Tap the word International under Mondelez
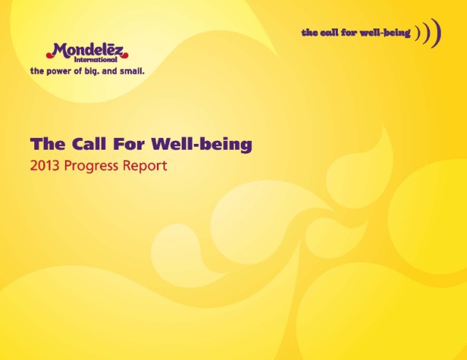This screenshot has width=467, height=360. pos(96,60)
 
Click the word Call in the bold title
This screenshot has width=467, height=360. pos(89,144)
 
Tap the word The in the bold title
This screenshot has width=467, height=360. pos(47,144)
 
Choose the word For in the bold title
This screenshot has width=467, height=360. pos(129,144)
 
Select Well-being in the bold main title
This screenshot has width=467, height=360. pos(201,145)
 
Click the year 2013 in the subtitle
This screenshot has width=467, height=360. pos(45,166)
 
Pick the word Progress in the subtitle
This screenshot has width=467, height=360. pos(91,166)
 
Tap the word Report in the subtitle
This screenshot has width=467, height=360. pos(144,166)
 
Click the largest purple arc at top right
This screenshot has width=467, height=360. pos(437,34)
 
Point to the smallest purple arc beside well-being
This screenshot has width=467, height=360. pos(418,34)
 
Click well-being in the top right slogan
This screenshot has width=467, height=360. pos(385,32)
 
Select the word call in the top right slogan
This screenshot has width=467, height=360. pos(329,32)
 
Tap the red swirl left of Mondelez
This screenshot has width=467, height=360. pos(50,55)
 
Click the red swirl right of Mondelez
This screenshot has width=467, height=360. pos(125,55)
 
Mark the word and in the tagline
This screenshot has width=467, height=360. pos(109,72)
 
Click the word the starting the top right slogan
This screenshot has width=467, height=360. pos(309,32)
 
